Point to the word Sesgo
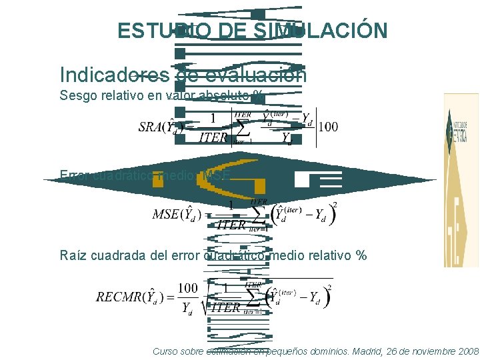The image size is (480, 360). pos(75,95)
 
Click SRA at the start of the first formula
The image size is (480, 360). pos(151,126)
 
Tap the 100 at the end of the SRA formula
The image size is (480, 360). pos(328,126)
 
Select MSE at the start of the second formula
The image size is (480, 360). pos(165,214)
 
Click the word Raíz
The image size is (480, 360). pos(73,255)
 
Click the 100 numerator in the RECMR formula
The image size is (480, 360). pos(188,287)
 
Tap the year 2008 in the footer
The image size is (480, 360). pos(464,351)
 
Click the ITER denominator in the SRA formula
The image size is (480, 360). pos(213,138)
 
